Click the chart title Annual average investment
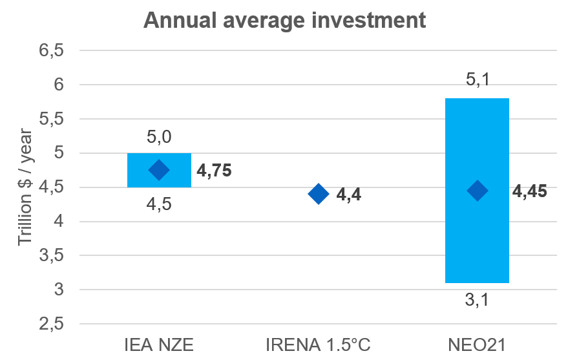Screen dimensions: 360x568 pos(284,20)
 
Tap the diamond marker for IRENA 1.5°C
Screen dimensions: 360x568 pos(318,193)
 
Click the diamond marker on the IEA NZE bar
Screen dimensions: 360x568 pos(158,170)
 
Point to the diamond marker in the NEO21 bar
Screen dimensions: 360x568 pos(477,191)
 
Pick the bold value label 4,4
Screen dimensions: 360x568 pos(348,194)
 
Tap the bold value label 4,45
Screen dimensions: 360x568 pos(530,191)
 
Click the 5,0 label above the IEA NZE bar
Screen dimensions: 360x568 pos(158,137)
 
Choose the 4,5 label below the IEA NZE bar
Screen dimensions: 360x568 pos(158,204)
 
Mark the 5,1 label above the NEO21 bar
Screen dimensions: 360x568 pos(477,81)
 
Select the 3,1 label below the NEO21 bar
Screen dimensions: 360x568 pos(477,300)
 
